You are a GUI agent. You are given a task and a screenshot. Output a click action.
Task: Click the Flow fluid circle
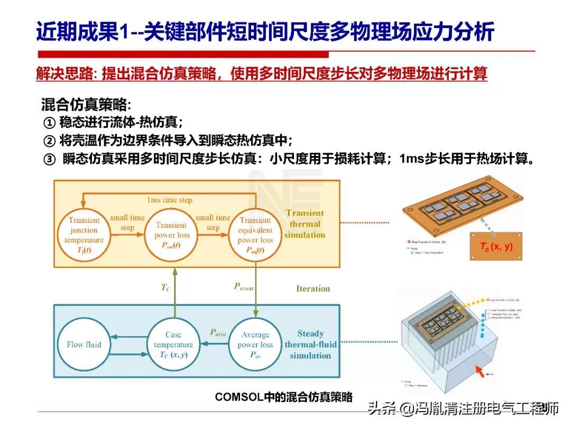[84, 345]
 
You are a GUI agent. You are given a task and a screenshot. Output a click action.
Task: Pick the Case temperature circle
[173, 345]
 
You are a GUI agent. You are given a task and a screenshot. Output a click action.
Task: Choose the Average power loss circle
[255, 345]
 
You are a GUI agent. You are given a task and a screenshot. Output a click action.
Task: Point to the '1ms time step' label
[169, 200]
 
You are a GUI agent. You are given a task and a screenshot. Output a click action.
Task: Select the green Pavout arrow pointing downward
[256, 288]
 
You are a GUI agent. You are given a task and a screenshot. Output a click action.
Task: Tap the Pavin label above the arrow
[217, 332]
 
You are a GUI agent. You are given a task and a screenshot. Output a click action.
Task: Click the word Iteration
[312, 289]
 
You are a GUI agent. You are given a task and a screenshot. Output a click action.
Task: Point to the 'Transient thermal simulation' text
[305, 224]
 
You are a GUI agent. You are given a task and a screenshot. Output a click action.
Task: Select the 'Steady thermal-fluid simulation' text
[310, 345]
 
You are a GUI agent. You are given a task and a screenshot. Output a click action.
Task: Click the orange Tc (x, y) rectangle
[496, 246]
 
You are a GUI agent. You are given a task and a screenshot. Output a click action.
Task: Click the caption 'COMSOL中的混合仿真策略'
[283, 397]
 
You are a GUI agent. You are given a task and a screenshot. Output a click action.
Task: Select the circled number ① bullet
[49, 123]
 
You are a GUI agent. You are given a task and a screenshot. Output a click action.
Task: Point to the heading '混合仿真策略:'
[85, 104]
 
